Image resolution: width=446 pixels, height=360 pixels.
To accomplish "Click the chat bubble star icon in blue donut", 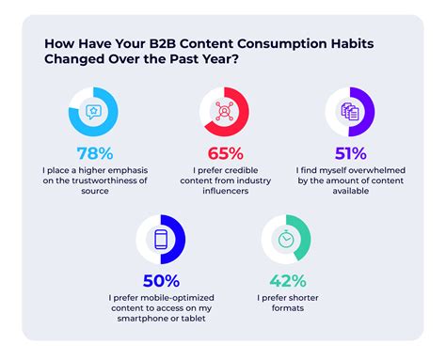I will tap(95, 111).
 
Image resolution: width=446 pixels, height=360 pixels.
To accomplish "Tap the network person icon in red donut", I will tap(225, 111).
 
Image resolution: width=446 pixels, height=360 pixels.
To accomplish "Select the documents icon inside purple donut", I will tap(350, 111).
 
